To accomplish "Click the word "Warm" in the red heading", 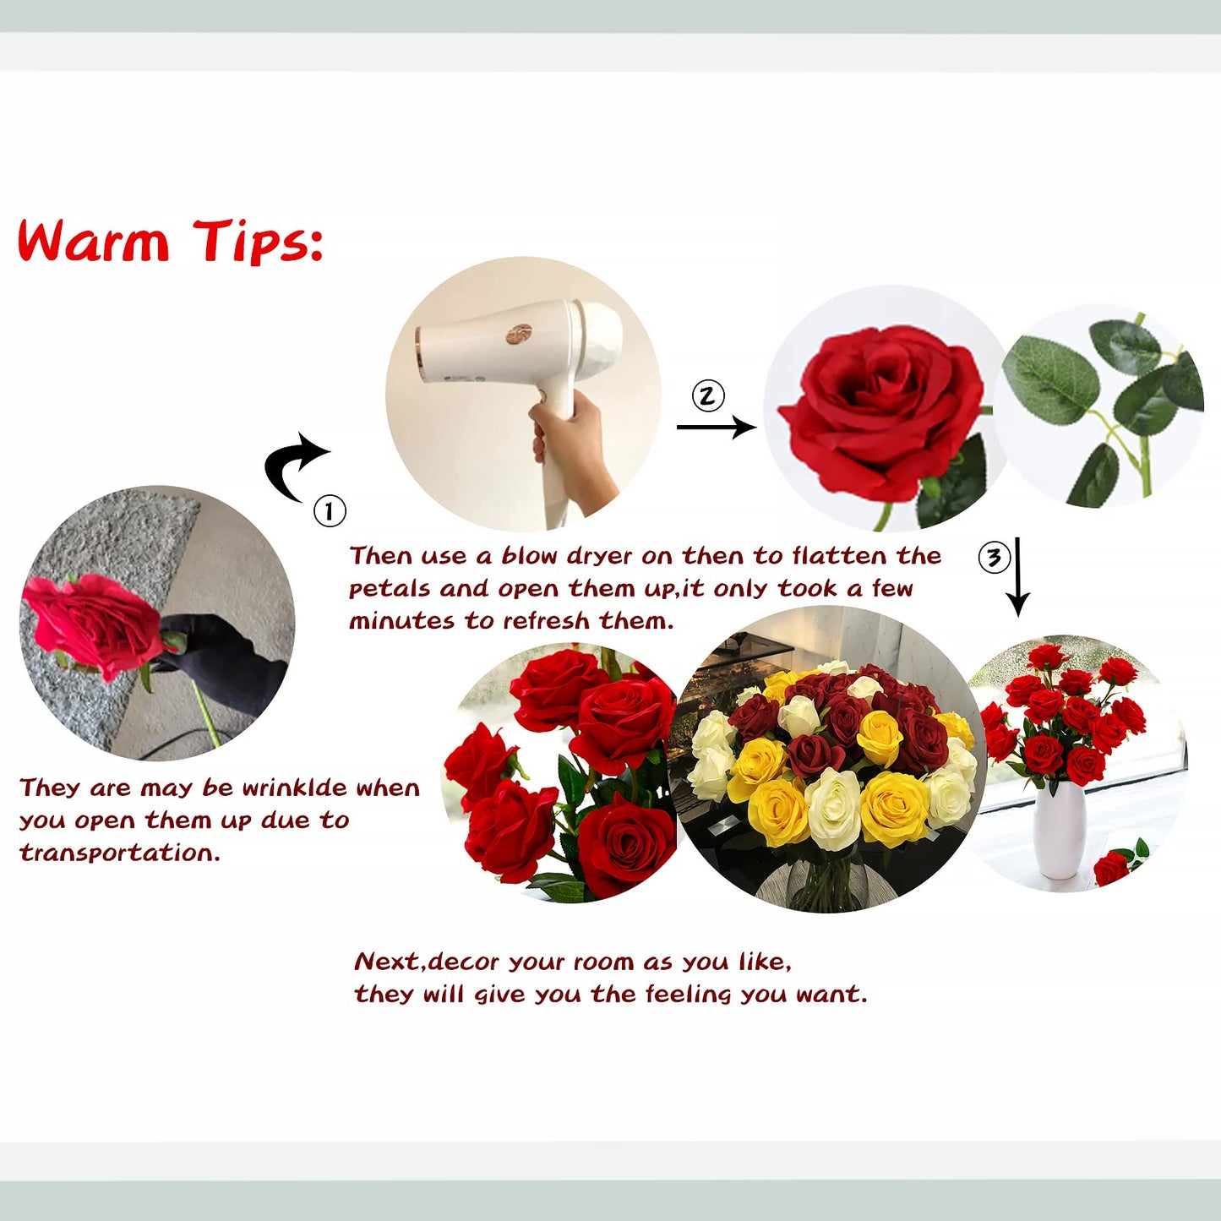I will point(94,242).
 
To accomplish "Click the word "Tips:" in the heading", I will point(258,242).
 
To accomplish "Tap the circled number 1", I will point(330,510).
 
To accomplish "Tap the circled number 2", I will point(708,395).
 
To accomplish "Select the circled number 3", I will point(994,557).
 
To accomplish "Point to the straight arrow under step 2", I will point(716,428).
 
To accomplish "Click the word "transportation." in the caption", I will point(119,853).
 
